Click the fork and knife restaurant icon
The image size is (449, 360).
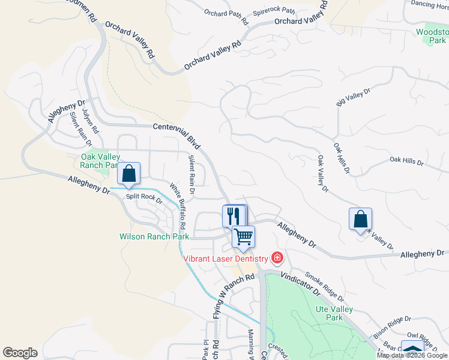234,215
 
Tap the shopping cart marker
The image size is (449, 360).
243,236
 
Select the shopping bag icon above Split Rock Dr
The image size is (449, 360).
128,173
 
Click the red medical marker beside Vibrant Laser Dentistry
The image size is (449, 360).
277,259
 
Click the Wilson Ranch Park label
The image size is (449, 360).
154,236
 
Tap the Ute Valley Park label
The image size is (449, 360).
334,313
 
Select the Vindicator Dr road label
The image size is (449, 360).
300,284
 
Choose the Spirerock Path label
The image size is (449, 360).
274,11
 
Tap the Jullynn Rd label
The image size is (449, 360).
91,121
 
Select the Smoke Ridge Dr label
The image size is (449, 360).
324,287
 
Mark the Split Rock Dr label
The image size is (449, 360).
144,198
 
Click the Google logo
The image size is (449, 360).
20,353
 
